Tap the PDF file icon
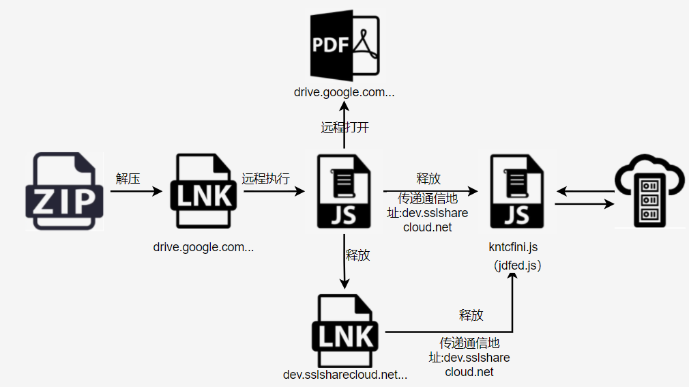[344, 46]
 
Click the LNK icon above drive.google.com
[203, 191]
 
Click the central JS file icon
[344, 191]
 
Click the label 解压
[128, 179]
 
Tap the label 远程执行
[265, 179]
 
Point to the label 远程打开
[344, 128]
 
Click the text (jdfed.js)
[517, 265]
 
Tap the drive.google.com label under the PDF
[344, 92]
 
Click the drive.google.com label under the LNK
[203, 247]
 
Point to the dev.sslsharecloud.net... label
[344, 374]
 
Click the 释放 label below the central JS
[358, 255]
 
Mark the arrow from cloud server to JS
[585, 191]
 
